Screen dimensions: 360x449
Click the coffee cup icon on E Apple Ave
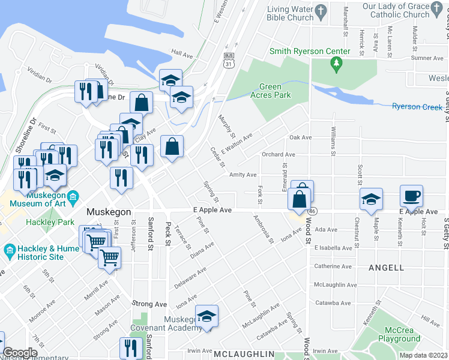tap(411, 196)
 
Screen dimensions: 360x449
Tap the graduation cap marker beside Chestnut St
tap(371, 199)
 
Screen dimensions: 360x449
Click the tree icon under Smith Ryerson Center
tap(337, 62)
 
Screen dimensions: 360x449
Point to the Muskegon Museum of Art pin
tap(73, 197)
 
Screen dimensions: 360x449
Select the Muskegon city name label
tap(109, 212)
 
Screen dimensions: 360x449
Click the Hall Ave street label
tap(181, 53)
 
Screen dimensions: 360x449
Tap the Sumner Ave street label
tap(426, 58)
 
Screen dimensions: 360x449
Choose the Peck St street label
tap(169, 233)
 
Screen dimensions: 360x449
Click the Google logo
tap(20, 353)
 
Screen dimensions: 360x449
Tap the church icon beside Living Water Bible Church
tap(321, 11)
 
